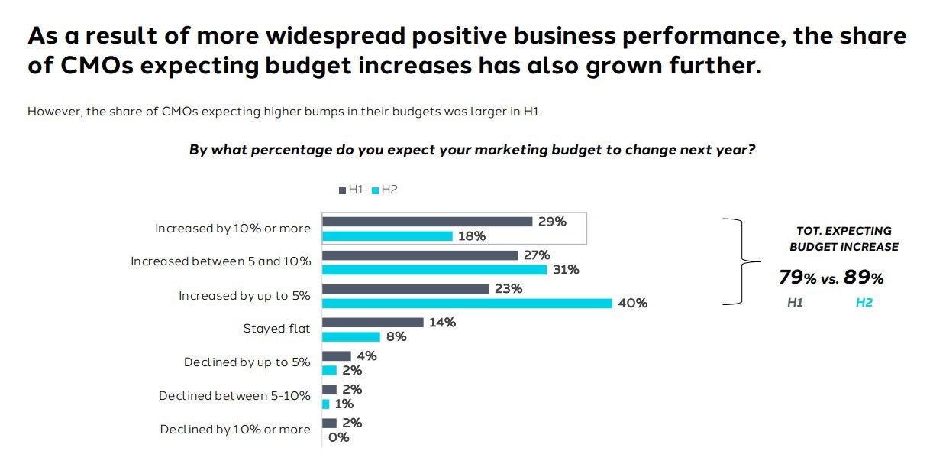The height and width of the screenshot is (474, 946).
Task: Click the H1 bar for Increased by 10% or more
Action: click(x=427, y=222)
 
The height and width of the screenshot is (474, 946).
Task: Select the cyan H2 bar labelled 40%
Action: click(x=467, y=304)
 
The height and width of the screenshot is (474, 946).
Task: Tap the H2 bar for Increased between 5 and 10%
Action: click(x=434, y=270)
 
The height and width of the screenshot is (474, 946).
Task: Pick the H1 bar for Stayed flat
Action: click(x=373, y=323)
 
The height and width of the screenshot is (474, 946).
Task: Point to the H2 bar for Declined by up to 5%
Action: click(x=329, y=370)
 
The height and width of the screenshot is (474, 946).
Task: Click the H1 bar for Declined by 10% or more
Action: click(x=329, y=423)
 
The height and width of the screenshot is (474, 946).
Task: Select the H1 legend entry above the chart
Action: click(x=352, y=190)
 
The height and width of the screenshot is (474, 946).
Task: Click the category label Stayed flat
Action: click(x=276, y=329)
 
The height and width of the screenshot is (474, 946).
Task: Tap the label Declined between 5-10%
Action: click(x=234, y=396)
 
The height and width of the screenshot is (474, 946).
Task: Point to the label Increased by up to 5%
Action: click(x=244, y=295)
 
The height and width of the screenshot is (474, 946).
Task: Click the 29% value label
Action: click(x=552, y=222)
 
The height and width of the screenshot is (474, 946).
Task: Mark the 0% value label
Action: click(x=338, y=437)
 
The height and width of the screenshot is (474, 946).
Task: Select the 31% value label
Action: click(x=566, y=270)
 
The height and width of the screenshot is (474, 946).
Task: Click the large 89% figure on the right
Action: click(x=863, y=278)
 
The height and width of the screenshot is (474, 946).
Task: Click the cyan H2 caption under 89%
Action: click(x=864, y=303)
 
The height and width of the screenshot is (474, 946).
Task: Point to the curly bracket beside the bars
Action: click(x=739, y=261)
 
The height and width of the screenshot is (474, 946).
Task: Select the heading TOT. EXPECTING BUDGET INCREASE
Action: click(x=844, y=239)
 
